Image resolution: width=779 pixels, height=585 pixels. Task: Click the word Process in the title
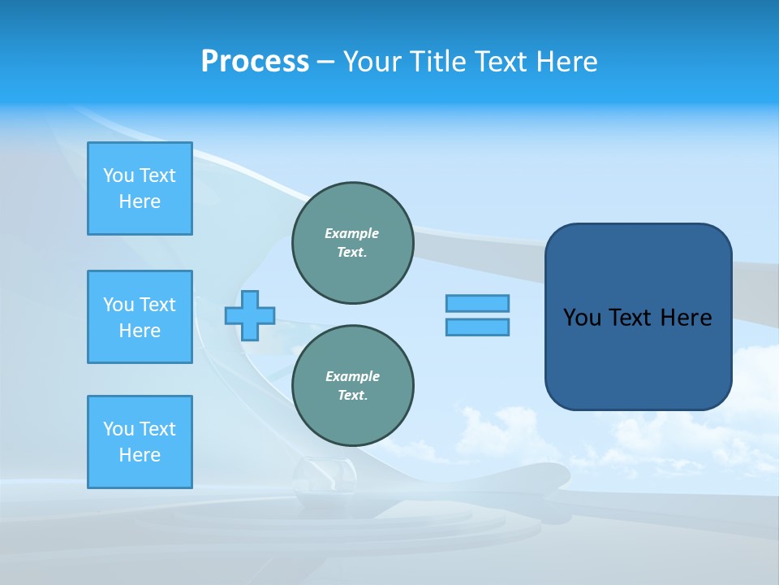255,62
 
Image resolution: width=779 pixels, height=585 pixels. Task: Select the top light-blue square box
140,188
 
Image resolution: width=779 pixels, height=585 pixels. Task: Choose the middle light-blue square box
140,317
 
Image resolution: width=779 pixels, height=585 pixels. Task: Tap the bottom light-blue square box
140,442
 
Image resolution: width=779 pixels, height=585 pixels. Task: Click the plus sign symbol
250,315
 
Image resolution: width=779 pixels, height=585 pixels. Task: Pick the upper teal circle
353,243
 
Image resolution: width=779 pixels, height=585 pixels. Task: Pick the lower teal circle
353,386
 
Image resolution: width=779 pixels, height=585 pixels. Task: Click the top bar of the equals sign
477,303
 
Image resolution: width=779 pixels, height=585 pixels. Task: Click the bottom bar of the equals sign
477,327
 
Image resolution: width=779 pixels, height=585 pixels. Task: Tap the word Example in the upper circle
352,233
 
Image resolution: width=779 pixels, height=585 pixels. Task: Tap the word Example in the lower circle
352,376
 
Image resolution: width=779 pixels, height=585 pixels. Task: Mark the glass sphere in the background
324,483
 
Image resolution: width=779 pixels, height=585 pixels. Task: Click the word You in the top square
118,175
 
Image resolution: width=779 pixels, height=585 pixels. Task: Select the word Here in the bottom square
140,455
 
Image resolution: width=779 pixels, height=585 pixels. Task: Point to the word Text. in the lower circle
352,396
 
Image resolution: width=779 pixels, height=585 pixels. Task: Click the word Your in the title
374,62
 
